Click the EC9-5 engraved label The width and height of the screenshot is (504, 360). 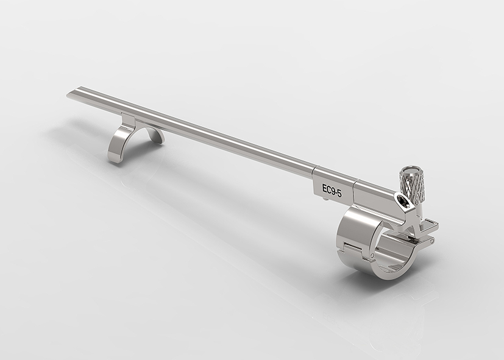pyautogui.click(x=332, y=189)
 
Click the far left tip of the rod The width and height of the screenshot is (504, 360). pyautogui.click(x=67, y=95)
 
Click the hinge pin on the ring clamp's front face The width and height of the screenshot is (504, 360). pyautogui.click(x=372, y=256)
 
